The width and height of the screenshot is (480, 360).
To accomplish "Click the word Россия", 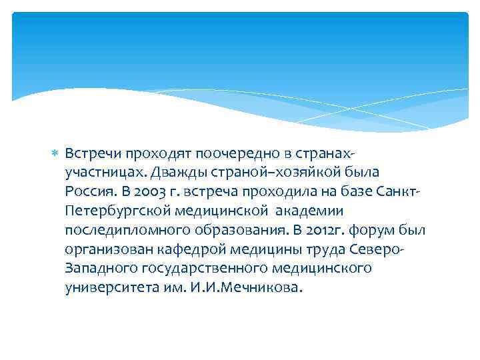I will tap(89, 192).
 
